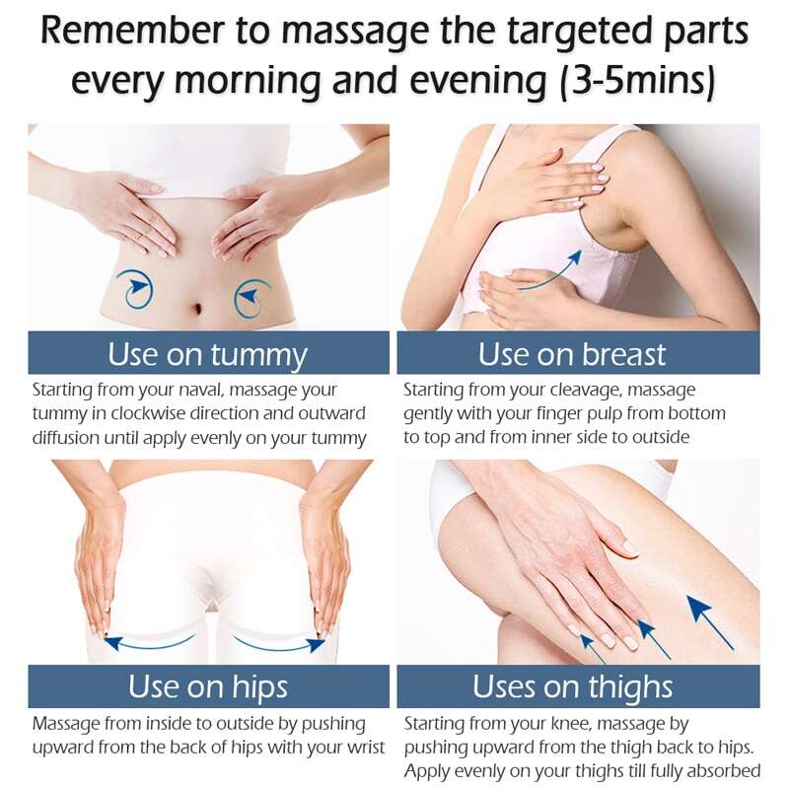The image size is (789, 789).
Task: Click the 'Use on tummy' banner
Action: point(208,353)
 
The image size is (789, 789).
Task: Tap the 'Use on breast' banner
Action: point(578,353)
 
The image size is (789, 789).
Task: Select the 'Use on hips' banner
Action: point(208,686)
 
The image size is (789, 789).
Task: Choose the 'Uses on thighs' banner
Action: point(578,686)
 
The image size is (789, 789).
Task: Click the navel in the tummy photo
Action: point(197,307)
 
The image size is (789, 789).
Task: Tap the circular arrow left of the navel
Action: point(134,288)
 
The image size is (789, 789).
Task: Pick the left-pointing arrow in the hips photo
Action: point(149,644)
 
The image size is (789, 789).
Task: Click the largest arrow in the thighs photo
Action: point(709,621)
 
